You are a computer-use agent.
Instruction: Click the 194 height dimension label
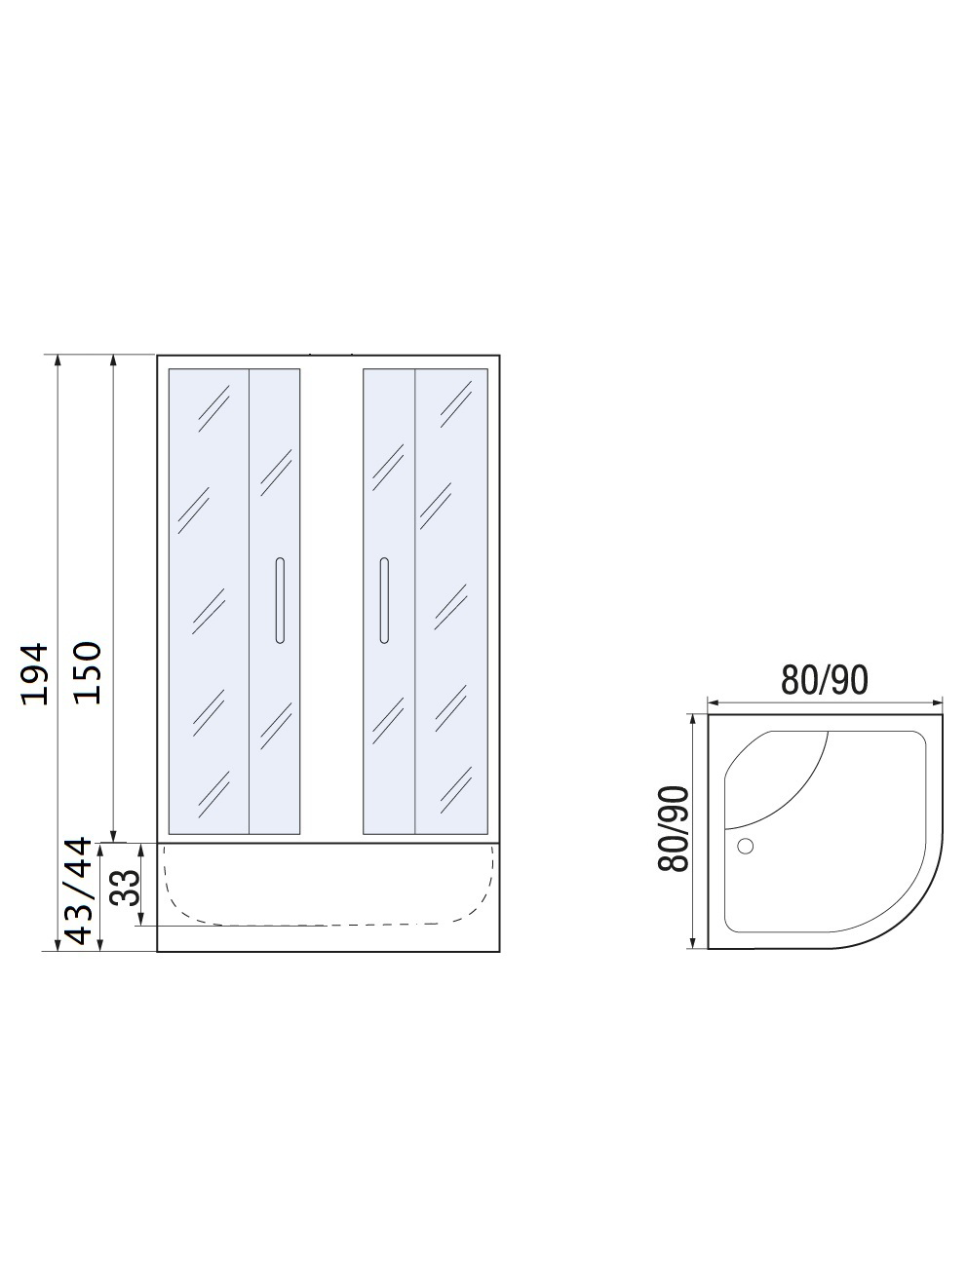(x=34, y=673)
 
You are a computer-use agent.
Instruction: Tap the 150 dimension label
(x=88, y=672)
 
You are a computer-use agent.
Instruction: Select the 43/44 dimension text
(x=79, y=891)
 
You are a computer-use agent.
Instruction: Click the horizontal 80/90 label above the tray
(x=824, y=680)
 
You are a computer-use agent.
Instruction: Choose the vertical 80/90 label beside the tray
(x=673, y=829)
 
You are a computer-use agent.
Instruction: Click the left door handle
(x=280, y=600)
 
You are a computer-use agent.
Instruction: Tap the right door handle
(x=384, y=600)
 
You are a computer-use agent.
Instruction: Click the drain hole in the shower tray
(x=745, y=846)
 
